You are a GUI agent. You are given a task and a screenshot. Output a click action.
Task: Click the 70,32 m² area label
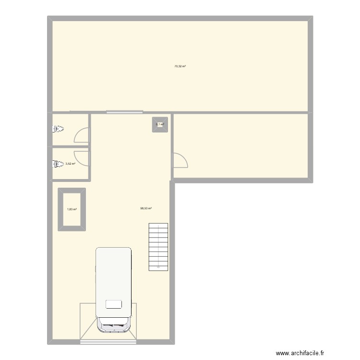[180, 66]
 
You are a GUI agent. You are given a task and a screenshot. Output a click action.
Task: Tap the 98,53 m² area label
[146, 208]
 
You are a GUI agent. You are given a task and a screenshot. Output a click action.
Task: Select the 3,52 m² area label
[70, 164]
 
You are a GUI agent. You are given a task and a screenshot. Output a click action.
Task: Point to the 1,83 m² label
[72, 209]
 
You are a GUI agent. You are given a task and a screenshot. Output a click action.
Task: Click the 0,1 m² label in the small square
[159, 124]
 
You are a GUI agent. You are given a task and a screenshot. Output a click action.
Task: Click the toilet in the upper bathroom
[59, 129]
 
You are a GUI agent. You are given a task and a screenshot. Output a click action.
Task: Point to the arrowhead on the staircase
[158, 264]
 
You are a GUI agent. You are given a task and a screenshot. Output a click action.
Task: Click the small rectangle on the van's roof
[113, 304]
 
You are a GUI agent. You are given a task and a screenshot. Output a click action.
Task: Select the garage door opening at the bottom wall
[108, 341]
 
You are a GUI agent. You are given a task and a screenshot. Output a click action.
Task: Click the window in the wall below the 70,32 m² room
[124, 112]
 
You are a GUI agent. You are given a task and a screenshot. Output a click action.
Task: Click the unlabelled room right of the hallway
[240, 146]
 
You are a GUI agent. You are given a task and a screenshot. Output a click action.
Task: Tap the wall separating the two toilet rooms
[70, 146]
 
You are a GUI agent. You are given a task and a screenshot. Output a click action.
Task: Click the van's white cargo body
[113, 278]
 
